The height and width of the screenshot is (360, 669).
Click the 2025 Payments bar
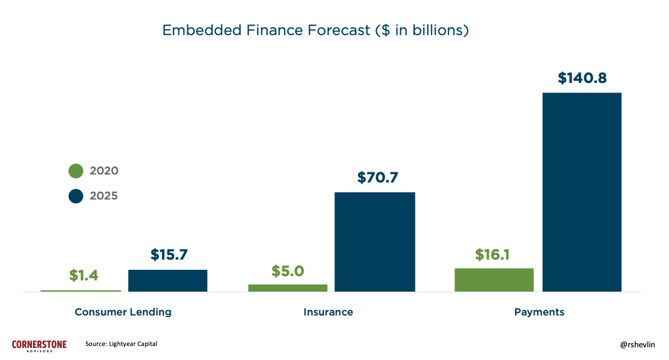coord(582,192)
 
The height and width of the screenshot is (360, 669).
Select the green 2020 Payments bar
coord(494,280)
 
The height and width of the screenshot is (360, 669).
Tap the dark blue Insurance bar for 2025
coord(375,242)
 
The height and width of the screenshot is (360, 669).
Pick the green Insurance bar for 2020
coord(287,288)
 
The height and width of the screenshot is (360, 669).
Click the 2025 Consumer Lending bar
coord(167,281)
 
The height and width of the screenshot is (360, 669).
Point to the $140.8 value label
coord(582,78)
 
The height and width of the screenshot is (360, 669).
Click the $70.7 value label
coord(377,177)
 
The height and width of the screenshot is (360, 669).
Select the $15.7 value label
coord(169,255)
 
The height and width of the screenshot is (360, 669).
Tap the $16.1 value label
coord(492,255)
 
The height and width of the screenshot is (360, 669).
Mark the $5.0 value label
coord(287,271)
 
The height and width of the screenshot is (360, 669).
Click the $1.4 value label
coord(83,275)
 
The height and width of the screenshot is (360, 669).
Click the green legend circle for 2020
coord(76,171)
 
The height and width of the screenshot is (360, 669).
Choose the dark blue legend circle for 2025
coord(76,196)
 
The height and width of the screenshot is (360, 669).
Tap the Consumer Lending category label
coord(123,312)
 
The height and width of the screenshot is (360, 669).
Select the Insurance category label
coord(328,312)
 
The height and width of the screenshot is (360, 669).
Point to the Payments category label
coord(539,312)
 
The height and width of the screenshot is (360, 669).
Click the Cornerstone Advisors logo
coord(39,346)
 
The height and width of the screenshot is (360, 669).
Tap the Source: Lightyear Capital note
coord(121,344)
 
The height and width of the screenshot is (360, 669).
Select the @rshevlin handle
coord(637,345)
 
